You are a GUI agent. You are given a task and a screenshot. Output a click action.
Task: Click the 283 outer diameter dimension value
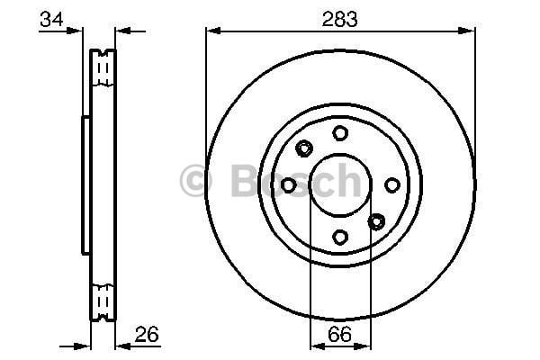(x=339, y=16)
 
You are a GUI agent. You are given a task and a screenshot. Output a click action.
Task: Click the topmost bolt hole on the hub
(x=340, y=133)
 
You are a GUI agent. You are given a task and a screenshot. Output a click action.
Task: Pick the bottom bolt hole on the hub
(x=340, y=237)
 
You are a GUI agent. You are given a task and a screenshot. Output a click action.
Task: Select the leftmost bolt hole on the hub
(x=288, y=184)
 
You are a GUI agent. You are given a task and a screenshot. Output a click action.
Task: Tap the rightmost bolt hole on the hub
(x=391, y=184)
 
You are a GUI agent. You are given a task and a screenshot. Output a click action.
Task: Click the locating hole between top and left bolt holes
(x=304, y=148)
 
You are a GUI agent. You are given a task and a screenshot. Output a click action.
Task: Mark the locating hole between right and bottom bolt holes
(x=376, y=221)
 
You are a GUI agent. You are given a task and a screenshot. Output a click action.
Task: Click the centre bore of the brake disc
(x=340, y=184)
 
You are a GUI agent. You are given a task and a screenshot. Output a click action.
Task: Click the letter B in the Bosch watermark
(x=240, y=180)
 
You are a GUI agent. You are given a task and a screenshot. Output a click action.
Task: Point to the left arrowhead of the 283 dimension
(x=212, y=31)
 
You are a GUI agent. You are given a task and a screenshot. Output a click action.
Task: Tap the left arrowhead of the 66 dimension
(x=314, y=346)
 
